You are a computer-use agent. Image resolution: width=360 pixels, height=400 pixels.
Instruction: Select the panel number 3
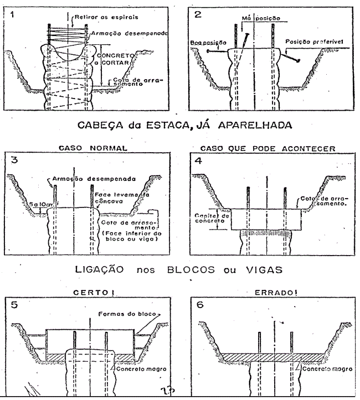pos(12,161)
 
